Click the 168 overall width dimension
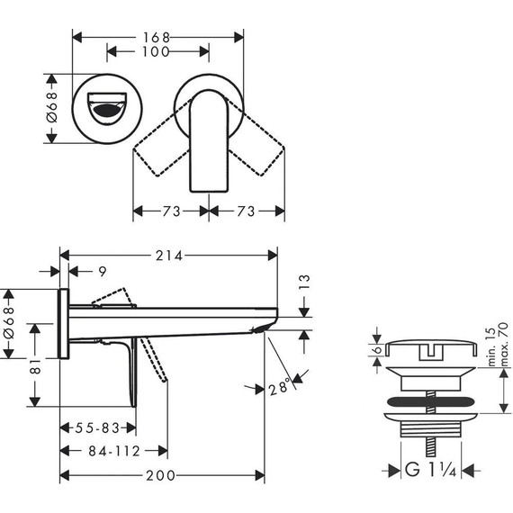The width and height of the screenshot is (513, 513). tap(157, 37)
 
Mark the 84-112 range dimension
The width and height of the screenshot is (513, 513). tap(112, 450)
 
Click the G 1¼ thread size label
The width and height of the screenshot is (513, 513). tap(432, 468)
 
